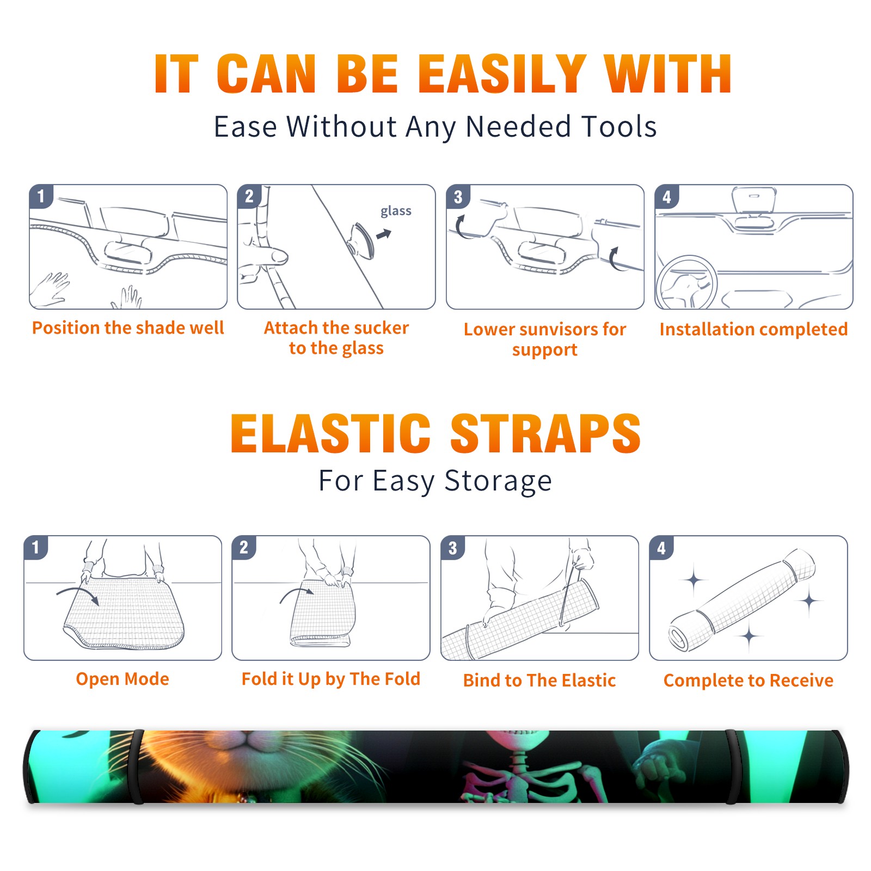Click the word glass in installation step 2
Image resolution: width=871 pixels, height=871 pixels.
pyautogui.click(x=396, y=211)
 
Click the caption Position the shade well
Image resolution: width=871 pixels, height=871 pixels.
pyautogui.click(x=128, y=328)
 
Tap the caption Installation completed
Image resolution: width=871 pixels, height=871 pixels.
pyautogui.click(x=753, y=329)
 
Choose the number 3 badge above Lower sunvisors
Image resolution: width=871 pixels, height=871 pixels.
pyautogui.click(x=458, y=197)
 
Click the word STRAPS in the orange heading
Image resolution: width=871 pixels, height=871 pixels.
pyautogui.click(x=545, y=433)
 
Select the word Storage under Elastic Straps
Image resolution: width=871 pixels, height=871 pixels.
pyautogui.click(x=498, y=481)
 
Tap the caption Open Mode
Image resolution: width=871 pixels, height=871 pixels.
pyautogui.click(x=122, y=679)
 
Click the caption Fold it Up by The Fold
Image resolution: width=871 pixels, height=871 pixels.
pyautogui.click(x=331, y=679)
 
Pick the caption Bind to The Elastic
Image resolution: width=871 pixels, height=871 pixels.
pyautogui.click(x=539, y=680)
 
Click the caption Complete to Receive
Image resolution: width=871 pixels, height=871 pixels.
pyautogui.click(x=749, y=680)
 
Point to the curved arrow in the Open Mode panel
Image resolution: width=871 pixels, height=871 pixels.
pyautogui.click(x=76, y=590)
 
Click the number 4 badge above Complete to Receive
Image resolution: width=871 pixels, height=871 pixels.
pyautogui.click(x=661, y=548)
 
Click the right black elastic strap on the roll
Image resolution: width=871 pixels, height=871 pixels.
pyautogui.click(x=733, y=767)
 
